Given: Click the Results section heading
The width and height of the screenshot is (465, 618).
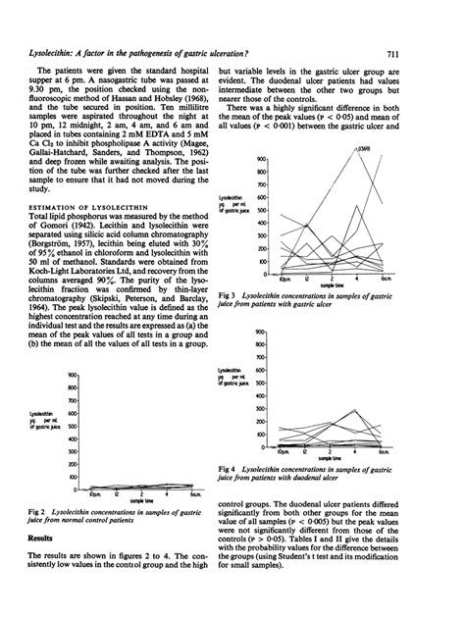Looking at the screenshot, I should [x=41, y=566].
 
